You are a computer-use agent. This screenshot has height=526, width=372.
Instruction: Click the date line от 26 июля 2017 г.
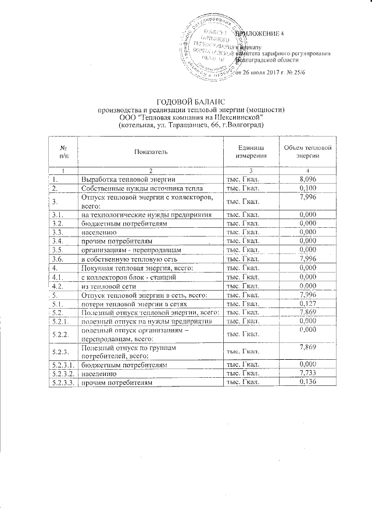[265, 72]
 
